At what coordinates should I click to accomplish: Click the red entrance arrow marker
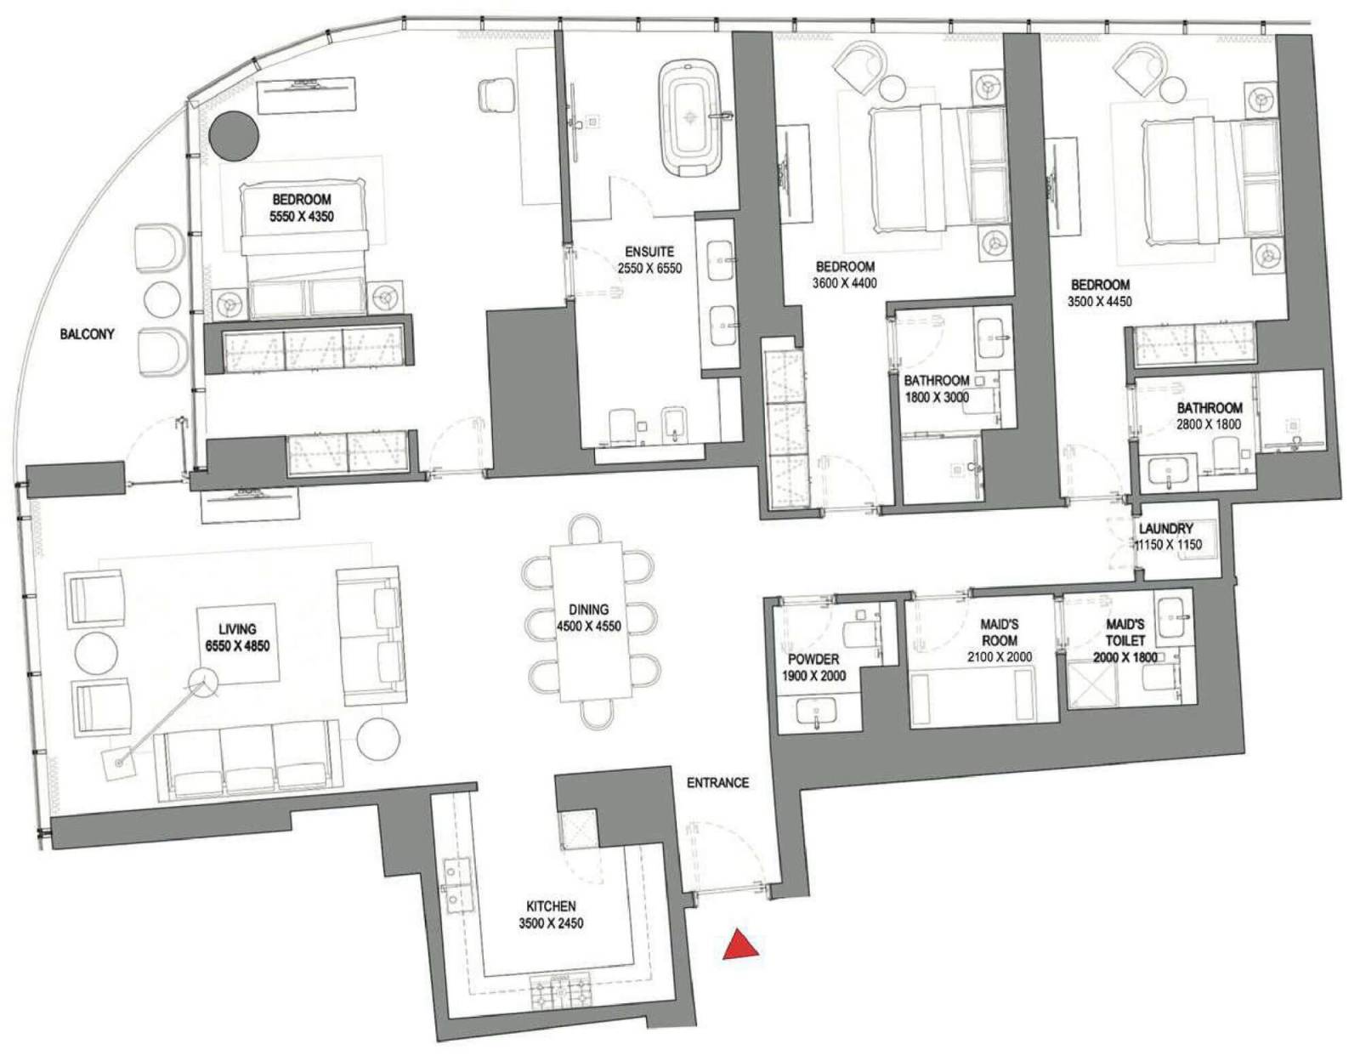tap(740, 945)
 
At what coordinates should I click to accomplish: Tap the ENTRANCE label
tap(718, 783)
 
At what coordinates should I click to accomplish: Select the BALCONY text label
tap(88, 334)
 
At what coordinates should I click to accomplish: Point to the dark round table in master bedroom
tap(234, 136)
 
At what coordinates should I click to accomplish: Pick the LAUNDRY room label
tap(1166, 528)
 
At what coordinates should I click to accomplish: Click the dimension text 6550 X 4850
tap(237, 645)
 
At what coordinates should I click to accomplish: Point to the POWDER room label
tap(813, 659)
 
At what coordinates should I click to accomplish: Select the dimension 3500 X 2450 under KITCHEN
tap(551, 923)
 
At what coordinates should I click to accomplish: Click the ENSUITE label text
tap(649, 252)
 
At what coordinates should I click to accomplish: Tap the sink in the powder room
tap(815, 713)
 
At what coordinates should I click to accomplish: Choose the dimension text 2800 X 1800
tap(1210, 424)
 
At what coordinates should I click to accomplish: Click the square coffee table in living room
tap(237, 643)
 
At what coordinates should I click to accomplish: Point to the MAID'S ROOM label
tap(1000, 633)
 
